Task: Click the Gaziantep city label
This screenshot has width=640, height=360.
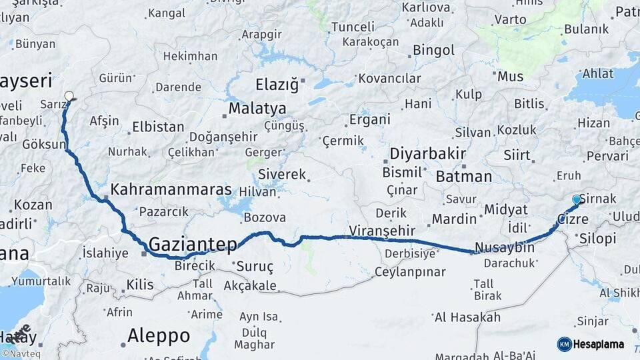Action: pos(193,245)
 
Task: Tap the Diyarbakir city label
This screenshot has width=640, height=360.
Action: pos(427,154)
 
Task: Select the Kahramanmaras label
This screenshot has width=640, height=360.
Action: pos(171,189)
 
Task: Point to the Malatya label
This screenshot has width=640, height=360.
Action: pos(257,109)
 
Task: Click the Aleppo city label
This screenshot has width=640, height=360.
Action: pos(159,335)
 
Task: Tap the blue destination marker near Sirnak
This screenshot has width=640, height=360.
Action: pos(577,199)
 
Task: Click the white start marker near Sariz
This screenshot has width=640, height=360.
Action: pos(69,97)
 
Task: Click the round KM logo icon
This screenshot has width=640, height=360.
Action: pos(564,344)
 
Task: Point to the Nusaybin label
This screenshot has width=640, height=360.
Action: pos(506,247)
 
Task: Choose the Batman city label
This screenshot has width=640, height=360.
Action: pos(464,177)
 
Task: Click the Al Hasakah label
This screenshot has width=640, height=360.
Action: pos(467,317)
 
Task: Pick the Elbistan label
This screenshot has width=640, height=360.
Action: pos(158,127)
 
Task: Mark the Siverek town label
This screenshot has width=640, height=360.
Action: pos(281,175)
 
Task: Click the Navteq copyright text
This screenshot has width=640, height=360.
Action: pos(19,354)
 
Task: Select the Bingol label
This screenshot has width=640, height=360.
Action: pos(433,50)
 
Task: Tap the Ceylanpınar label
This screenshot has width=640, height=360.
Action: pos(409,272)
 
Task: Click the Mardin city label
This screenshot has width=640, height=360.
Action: pos(454,219)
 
